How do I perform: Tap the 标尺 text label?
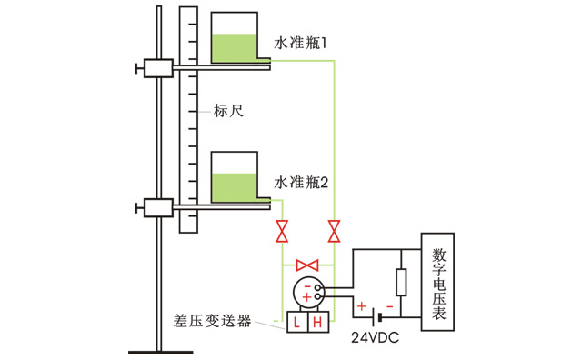229,112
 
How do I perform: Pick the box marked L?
298,323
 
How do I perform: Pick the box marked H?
319,323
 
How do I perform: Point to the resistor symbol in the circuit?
400,283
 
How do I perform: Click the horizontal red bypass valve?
308,265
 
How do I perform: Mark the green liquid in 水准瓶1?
239,48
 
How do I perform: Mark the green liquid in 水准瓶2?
239,187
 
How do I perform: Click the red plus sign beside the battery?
361,307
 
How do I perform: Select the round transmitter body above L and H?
307,292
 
